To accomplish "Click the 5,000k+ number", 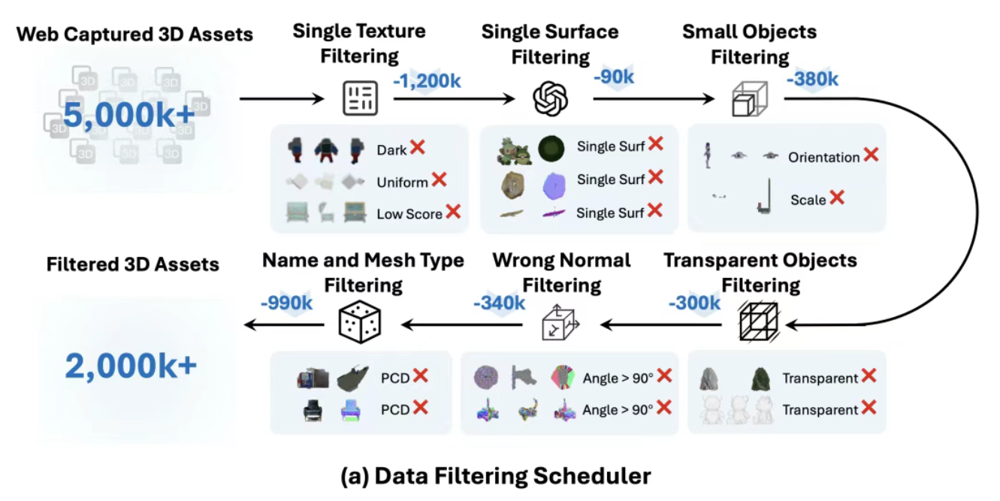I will coord(128,116).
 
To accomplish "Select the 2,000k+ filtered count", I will coord(131,366).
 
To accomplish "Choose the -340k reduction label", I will coord(499,303).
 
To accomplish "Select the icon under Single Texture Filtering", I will coord(359,98).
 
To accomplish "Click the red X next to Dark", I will coord(418,148).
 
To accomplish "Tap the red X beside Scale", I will coord(836,198).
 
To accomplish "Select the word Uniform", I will coord(402,182).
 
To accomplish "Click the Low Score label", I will coord(409,214).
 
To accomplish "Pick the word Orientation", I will coord(823,157).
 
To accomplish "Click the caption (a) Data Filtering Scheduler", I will coord(496,475).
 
